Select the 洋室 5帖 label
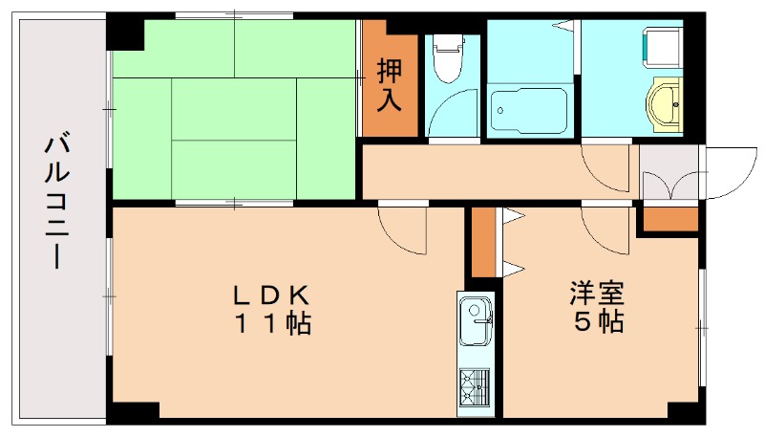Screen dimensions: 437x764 (598, 306)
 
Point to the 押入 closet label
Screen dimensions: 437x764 (389, 84)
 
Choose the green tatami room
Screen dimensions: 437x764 (235, 110)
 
